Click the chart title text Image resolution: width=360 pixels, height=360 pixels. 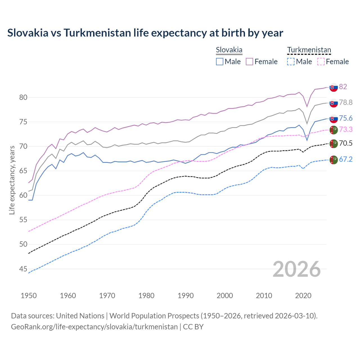pyautogui.click(x=145, y=33)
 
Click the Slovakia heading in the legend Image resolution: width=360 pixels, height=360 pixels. pyautogui.click(x=229, y=50)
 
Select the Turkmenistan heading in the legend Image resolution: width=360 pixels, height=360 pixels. pyautogui.click(x=309, y=50)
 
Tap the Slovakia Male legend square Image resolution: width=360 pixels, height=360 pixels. pyautogui.click(x=220, y=62)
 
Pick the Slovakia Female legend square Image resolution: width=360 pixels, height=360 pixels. pyautogui.click(x=249, y=62)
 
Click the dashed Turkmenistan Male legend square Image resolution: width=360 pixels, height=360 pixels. pyautogui.click(x=291, y=62)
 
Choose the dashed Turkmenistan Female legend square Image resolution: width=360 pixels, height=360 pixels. pyautogui.click(x=321, y=62)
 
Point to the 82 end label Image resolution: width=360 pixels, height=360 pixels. pyautogui.click(x=343, y=87)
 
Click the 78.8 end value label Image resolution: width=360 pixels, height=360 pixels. pyautogui.click(x=346, y=103)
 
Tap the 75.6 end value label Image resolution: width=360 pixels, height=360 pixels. pyautogui.click(x=346, y=118)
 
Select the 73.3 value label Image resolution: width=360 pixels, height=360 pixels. pyautogui.click(x=346, y=129)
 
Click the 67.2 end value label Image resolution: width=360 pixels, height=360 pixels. pyautogui.click(x=346, y=159)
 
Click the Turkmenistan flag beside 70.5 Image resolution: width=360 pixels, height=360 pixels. pyautogui.click(x=334, y=143)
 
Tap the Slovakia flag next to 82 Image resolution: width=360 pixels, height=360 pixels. pyautogui.click(x=334, y=87)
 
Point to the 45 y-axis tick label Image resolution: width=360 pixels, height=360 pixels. pyautogui.click(x=23, y=269)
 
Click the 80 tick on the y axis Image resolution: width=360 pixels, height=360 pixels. pyautogui.click(x=23, y=98)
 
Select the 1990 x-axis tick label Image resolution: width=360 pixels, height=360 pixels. pyautogui.click(x=186, y=296)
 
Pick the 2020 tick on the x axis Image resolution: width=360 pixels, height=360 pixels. pyautogui.click(x=303, y=296)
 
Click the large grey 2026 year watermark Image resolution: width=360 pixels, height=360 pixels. pyautogui.click(x=297, y=269)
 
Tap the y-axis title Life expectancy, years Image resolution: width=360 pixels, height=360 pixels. pyautogui.click(x=12, y=180)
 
